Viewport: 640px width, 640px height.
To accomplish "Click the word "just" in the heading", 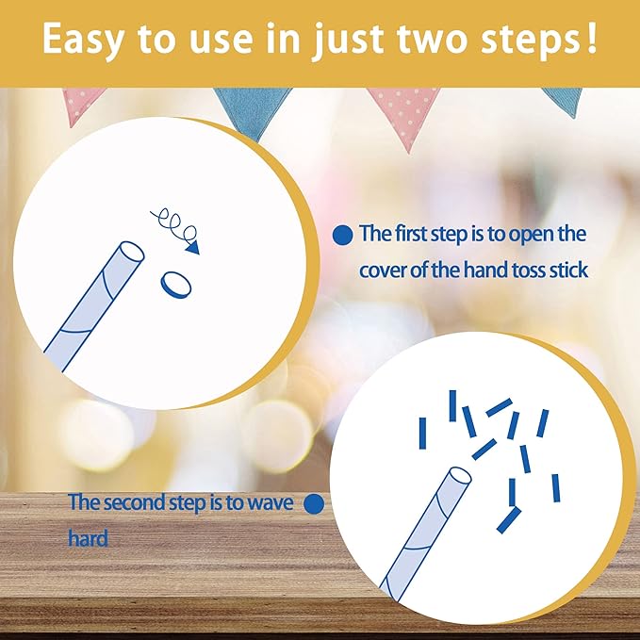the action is (x=348, y=40).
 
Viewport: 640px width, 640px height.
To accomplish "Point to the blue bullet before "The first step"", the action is (x=342, y=236).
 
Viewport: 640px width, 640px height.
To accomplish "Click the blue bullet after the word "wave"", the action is (x=314, y=504).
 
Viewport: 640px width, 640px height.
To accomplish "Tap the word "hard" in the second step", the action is (x=89, y=538).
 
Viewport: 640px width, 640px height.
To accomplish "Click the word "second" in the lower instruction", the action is (x=135, y=503).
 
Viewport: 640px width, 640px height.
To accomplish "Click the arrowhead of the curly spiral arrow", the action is (x=192, y=248).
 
